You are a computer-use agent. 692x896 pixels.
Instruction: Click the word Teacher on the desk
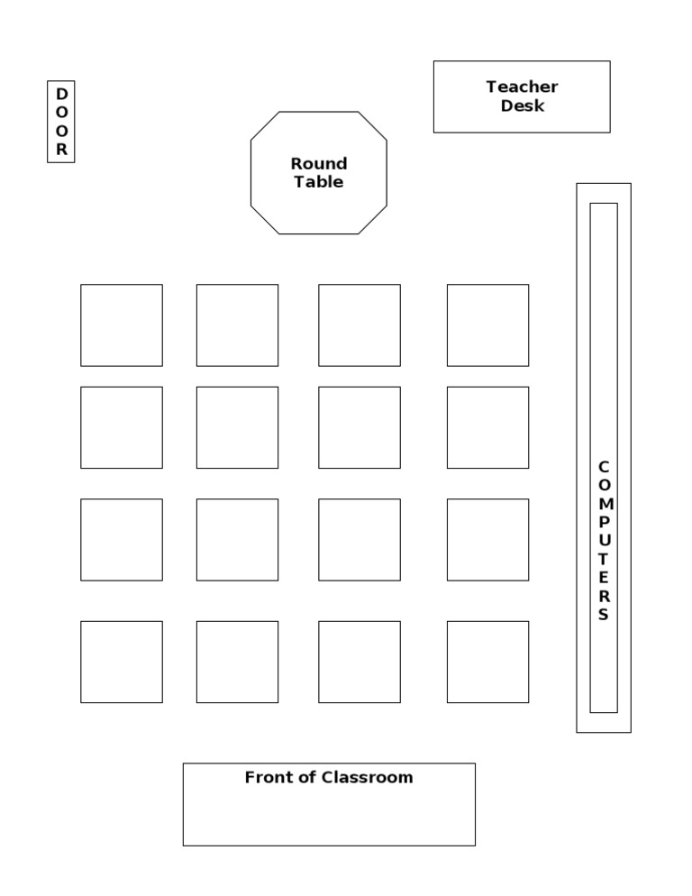[x=522, y=87]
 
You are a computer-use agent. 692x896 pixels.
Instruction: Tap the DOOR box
[x=61, y=122]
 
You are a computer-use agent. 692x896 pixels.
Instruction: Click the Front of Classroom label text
[x=329, y=777]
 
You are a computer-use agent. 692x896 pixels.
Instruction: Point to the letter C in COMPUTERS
[x=604, y=466]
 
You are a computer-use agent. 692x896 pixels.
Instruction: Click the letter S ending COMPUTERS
[x=604, y=615]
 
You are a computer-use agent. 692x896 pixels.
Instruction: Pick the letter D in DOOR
[x=61, y=94]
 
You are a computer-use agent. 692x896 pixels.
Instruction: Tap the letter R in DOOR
[x=61, y=151]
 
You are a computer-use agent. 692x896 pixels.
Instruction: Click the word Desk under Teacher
[x=523, y=106]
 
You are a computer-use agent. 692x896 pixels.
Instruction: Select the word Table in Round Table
[x=319, y=182]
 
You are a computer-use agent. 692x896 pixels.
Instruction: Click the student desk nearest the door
[x=122, y=325]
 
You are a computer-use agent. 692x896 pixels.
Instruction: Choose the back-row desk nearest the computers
[x=487, y=325]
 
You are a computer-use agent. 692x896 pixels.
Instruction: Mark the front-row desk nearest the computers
[x=487, y=662]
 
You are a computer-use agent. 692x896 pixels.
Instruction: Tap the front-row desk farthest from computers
[x=122, y=662]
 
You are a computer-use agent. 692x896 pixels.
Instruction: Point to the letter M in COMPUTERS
[x=604, y=504]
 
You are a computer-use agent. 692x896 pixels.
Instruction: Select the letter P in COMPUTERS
[x=604, y=522]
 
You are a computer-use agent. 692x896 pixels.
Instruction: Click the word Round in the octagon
[x=319, y=164]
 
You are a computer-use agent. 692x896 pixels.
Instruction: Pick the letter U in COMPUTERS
[x=604, y=541]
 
